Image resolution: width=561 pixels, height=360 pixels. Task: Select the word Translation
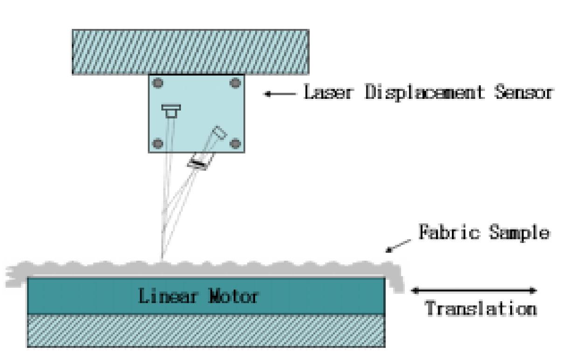coord(480,309)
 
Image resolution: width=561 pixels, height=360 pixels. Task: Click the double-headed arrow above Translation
coord(474,291)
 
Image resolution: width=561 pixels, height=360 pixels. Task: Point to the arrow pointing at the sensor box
coord(280,94)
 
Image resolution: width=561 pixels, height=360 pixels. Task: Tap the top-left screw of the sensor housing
coord(159,83)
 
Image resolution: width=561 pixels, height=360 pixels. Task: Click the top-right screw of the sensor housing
coord(235,83)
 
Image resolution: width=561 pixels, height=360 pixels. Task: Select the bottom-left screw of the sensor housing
coord(159,143)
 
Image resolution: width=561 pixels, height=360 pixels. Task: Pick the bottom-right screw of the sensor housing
coord(235,143)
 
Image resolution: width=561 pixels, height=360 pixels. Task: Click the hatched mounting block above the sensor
coord(190,52)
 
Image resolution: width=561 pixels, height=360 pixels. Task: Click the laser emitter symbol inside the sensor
coord(171,111)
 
